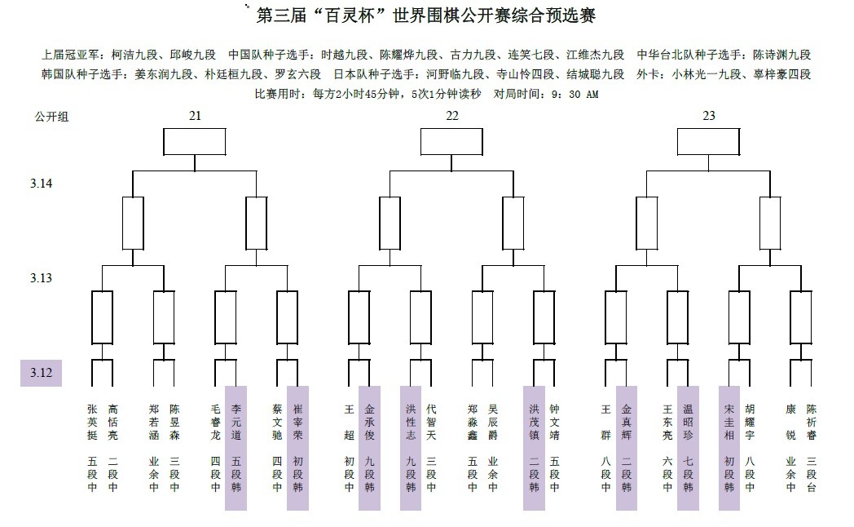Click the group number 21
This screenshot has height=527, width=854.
195,116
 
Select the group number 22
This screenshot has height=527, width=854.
452,116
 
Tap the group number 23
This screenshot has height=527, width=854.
709,116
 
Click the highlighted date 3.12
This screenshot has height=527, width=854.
42,374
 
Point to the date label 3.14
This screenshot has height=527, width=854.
42,184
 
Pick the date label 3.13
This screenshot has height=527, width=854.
42,278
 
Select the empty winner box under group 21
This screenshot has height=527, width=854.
195,142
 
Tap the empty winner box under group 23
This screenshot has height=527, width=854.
709,142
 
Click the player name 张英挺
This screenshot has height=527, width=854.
92,422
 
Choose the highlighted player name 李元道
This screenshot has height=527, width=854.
236,422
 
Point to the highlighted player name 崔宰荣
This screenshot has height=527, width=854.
297,422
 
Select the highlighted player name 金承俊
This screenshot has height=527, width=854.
369,422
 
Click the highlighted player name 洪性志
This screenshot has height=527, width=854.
411,422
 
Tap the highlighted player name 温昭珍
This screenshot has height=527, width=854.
689,422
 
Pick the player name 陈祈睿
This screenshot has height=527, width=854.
811,422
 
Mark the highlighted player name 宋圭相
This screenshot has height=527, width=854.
729,422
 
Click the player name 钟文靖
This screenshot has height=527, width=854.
554,422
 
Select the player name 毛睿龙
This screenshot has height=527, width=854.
215,422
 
